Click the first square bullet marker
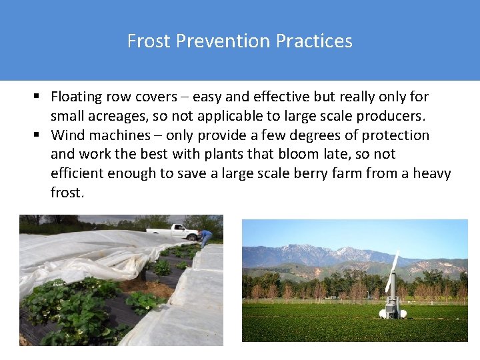[40, 97]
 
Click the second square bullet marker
[40, 135]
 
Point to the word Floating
[77, 97]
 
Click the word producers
[393, 116]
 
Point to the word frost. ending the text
[67, 193]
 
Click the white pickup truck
[175, 232]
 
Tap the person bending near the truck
[206, 237]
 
